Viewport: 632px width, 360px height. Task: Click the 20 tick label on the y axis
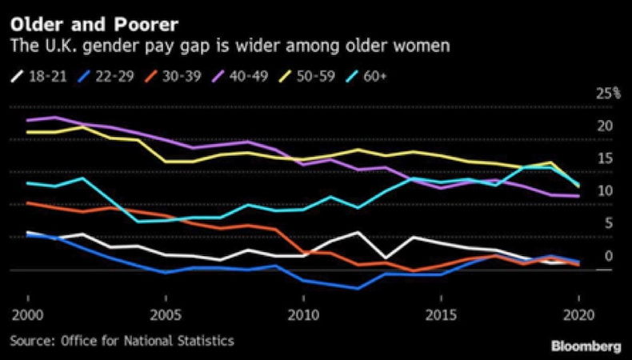point(605,126)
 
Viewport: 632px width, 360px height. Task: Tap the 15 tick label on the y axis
point(605,158)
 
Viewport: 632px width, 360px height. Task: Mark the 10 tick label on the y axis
point(605,191)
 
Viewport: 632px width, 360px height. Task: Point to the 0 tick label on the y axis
point(609,257)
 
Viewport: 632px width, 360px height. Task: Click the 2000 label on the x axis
point(27,310)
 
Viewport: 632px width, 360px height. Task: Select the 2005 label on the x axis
point(165,310)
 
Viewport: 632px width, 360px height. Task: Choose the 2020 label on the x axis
point(578,310)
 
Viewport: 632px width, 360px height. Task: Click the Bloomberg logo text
point(586,345)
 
